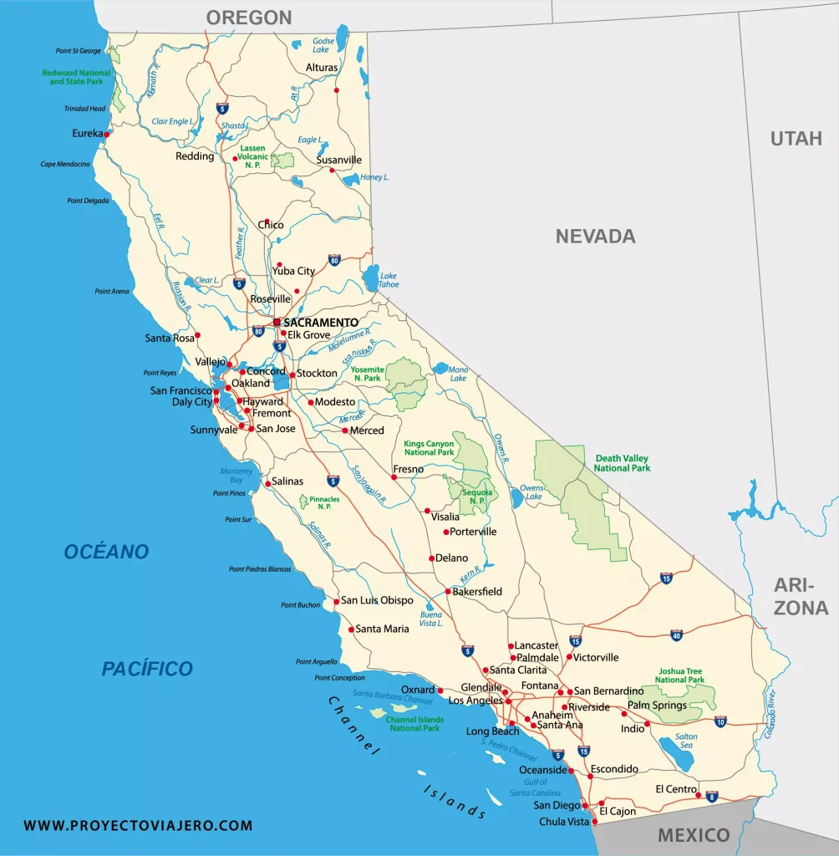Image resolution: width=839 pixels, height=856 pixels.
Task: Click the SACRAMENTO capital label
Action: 321,322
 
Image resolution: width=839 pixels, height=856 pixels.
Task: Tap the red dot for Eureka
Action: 107,133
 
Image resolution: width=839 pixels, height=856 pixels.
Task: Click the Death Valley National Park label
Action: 622,463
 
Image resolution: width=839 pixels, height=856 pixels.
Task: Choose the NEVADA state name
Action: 595,237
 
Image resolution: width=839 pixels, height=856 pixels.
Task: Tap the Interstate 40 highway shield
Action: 676,635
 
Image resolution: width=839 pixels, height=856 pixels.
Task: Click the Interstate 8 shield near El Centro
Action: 711,796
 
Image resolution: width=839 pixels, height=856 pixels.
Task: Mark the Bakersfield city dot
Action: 448,592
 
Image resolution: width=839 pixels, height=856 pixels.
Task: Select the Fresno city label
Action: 409,469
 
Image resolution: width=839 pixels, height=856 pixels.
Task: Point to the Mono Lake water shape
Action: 442,368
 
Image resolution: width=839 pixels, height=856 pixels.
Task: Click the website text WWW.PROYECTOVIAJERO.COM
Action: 138,825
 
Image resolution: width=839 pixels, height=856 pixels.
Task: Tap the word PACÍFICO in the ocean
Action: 147,669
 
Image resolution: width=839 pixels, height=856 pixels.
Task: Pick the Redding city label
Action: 195,156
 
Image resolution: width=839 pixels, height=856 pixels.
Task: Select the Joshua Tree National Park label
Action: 679,675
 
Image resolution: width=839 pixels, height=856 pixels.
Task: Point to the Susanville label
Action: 339,160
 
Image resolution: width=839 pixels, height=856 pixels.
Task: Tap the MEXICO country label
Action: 693,834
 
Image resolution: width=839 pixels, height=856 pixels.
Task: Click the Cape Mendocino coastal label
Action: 64,164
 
